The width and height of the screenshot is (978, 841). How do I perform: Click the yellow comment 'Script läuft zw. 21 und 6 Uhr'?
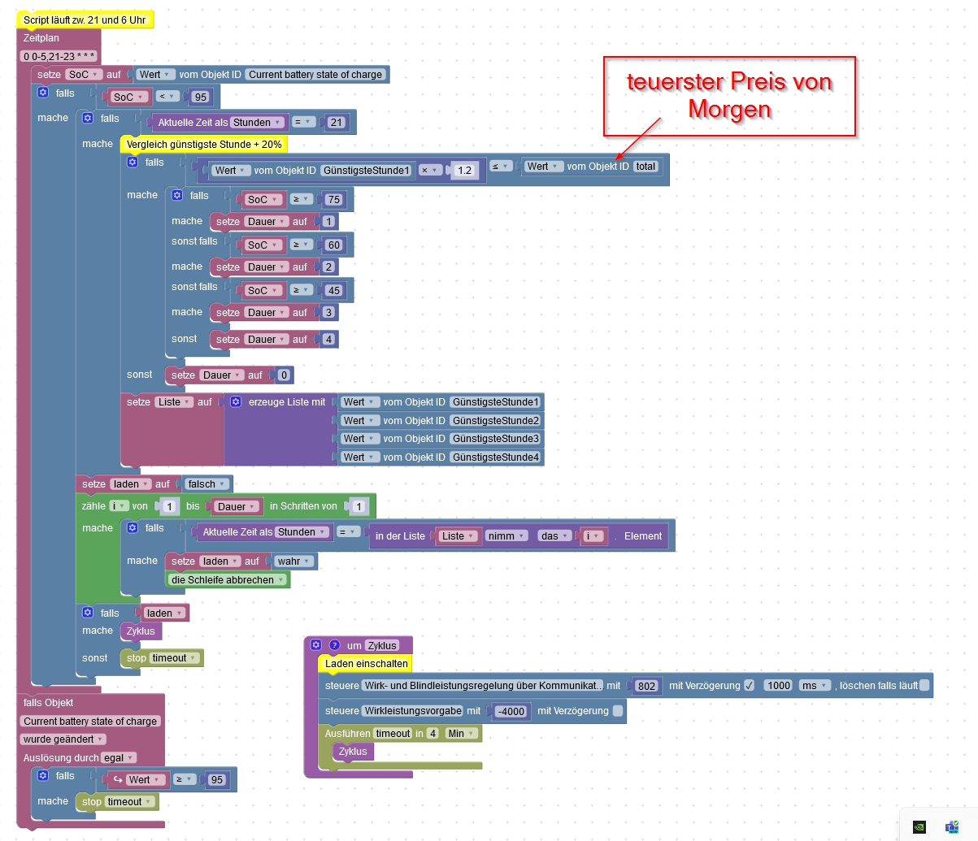[x=85, y=20]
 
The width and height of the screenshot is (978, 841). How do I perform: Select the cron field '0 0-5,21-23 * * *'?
[x=59, y=56]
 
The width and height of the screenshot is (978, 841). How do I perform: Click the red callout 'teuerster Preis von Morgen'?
[x=729, y=96]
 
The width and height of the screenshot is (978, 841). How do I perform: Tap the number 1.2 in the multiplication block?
[x=464, y=171]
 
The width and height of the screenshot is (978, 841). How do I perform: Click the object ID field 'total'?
[x=645, y=167]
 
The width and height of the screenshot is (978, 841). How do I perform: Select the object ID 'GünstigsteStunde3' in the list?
[x=495, y=439]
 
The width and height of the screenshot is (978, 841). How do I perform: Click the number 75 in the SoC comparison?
[x=333, y=200]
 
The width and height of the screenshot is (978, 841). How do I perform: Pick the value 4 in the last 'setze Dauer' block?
[x=328, y=340]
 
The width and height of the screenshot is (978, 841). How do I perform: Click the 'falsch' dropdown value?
[x=206, y=484]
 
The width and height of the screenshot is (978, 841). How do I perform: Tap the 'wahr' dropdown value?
[x=293, y=561]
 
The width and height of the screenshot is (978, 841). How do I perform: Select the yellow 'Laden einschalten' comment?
[x=366, y=664]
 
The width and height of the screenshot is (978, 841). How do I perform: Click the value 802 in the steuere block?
[x=646, y=686]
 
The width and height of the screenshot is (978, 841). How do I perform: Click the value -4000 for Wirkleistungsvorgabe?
[x=511, y=712]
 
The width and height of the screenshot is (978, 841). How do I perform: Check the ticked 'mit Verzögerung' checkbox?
[x=749, y=686]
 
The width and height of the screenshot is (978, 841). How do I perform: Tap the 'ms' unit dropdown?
[x=814, y=686]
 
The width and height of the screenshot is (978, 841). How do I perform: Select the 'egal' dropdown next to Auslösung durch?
[x=117, y=758]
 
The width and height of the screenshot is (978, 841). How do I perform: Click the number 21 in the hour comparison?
[x=337, y=123]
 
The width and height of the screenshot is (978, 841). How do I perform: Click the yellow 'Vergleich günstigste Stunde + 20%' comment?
[x=204, y=145]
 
